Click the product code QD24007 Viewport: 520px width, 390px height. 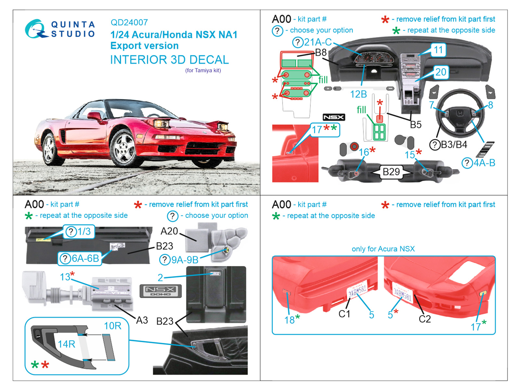coord(129,22)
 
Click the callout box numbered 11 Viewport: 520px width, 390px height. coord(438,50)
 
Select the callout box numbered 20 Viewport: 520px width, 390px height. coord(441,72)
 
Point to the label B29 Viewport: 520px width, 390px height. coord(391,172)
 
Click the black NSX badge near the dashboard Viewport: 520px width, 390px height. coord(333,117)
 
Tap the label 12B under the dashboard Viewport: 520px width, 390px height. coord(358,94)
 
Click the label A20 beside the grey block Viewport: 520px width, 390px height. coord(169,231)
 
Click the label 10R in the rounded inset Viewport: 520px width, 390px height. coord(112,326)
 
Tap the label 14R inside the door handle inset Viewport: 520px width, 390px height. coord(66,344)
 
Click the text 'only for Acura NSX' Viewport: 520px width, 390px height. coord(383,249)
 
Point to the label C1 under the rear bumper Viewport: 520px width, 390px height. coord(344,314)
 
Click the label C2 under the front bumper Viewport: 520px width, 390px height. coord(424,319)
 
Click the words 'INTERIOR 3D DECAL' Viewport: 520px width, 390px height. coord(169,60)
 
